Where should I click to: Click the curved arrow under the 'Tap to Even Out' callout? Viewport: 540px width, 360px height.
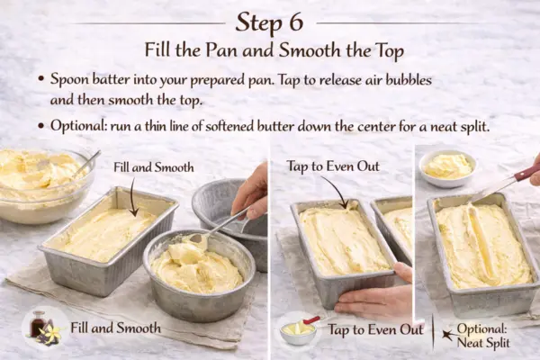pos(336,191)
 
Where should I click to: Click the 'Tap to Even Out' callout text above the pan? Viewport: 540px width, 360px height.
pos(332,166)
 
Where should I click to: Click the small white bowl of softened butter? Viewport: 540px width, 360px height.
pos(448,167)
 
